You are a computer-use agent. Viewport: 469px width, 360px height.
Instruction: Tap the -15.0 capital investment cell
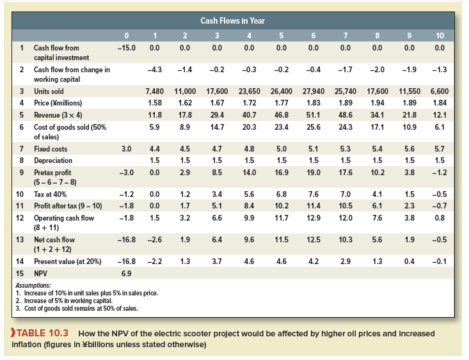point(125,47)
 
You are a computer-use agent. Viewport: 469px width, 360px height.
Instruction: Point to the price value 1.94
point(377,102)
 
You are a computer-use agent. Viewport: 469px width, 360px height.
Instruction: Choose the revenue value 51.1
point(314,114)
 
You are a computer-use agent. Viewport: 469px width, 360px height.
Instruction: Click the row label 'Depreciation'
point(53,160)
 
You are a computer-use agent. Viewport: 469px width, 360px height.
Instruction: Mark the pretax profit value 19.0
point(314,172)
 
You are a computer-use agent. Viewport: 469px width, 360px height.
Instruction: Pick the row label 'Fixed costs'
point(51,149)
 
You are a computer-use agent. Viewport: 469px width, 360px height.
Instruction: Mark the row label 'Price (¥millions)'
point(58,102)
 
